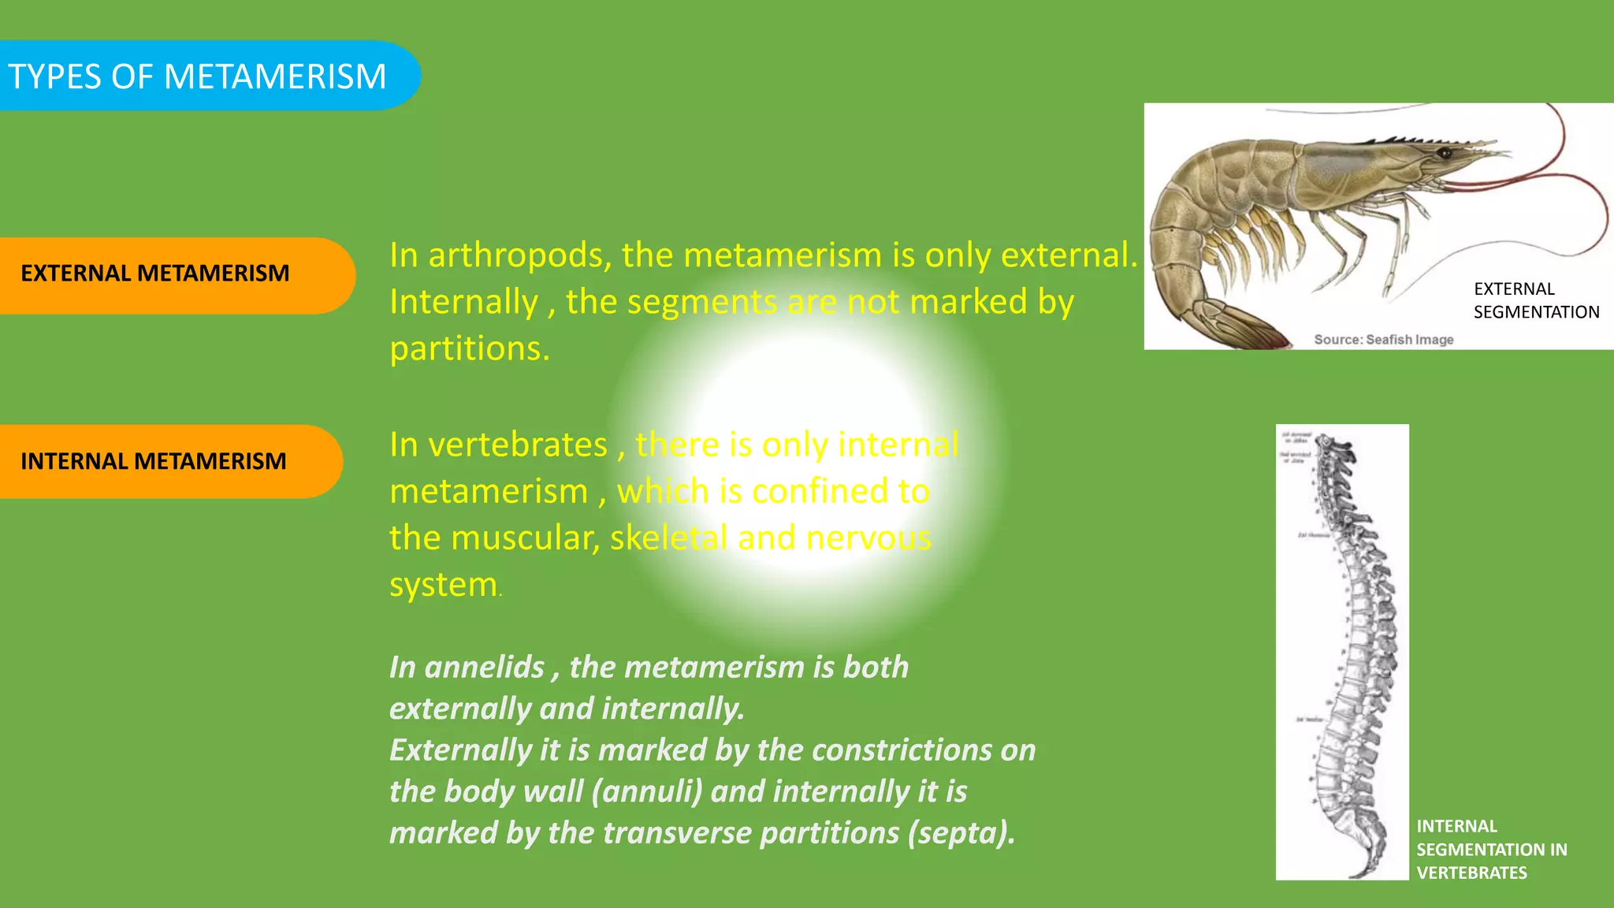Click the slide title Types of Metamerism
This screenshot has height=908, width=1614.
[x=197, y=76]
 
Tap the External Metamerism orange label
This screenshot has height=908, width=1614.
[x=155, y=274]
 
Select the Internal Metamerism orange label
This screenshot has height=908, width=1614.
[x=154, y=461]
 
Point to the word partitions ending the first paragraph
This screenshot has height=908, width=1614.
[x=469, y=348]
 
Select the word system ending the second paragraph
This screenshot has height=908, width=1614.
[x=443, y=585]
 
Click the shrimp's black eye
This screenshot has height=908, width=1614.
[x=1445, y=153]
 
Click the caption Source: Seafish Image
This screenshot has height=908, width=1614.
[x=1383, y=340]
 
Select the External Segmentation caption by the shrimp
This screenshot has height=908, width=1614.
[x=1535, y=300]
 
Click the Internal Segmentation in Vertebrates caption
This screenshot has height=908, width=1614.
[x=1490, y=850]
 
